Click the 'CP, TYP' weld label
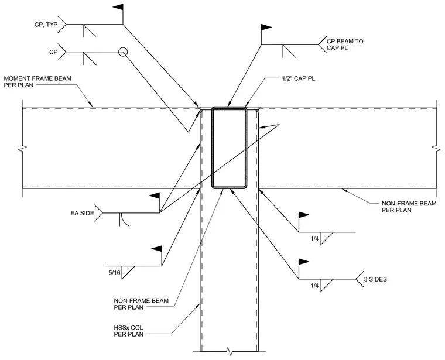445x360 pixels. pyautogui.click(x=46, y=25)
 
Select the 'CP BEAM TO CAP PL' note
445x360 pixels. pyautogui.click(x=345, y=44)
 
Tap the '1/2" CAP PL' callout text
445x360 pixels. pyautogui.click(x=297, y=78)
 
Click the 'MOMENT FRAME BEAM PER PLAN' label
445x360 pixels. pyautogui.click(x=37, y=82)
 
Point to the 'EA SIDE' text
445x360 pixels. pyautogui.click(x=82, y=213)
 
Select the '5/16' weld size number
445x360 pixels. pyautogui.click(x=114, y=273)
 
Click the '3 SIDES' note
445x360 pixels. pyautogui.click(x=375, y=279)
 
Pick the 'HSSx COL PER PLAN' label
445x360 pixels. pyautogui.click(x=129, y=331)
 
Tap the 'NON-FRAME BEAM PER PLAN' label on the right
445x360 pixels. pyautogui.click(x=409, y=207)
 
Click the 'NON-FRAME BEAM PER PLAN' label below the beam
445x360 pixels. pyautogui.click(x=141, y=304)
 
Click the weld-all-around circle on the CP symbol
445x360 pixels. pyautogui.click(x=122, y=52)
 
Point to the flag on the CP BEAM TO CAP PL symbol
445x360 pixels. pyautogui.click(x=266, y=28)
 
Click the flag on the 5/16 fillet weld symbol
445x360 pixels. pyautogui.click(x=157, y=249)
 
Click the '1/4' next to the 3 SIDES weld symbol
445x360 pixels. pyautogui.click(x=314, y=286)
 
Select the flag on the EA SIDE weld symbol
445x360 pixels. pyautogui.click(x=155, y=196)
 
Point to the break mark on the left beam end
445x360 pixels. pyautogui.click(x=23, y=148)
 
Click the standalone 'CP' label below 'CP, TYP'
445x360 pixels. pyautogui.click(x=53, y=52)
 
